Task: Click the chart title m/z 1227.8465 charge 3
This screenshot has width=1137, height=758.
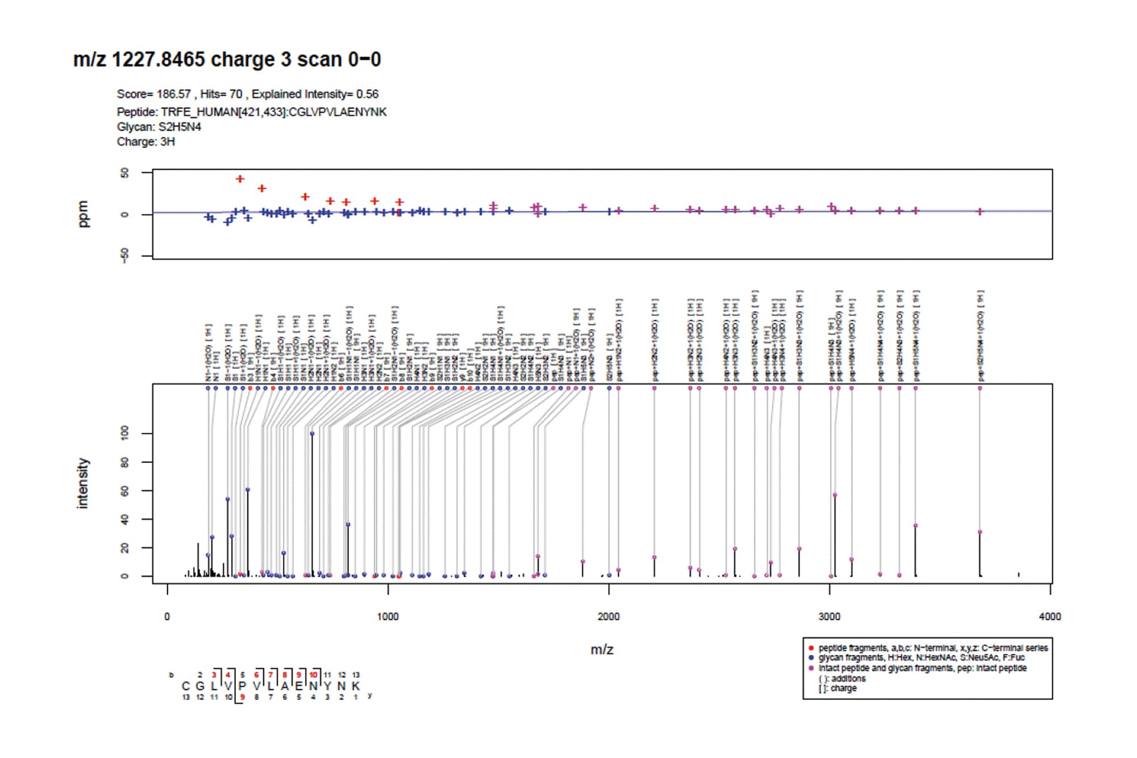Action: pyautogui.click(x=227, y=59)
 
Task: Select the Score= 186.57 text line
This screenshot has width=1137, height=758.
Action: pyautogui.click(x=247, y=94)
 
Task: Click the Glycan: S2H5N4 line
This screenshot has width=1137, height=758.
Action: pyautogui.click(x=159, y=127)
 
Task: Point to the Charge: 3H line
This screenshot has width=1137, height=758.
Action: pyautogui.click(x=146, y=142)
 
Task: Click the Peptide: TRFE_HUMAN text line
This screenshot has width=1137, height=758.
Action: pyautogui.click(x=251, y=112)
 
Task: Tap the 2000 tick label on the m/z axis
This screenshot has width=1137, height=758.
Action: pyautogui.click(x=608, y=617)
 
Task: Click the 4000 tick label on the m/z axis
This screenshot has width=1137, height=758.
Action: pyautogui.click(x=1049, y=617)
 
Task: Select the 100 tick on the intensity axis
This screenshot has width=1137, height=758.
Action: pyautogui.click(x=125, y=434)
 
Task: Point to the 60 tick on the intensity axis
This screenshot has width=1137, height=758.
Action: pyautogui.click(x=125, y=491)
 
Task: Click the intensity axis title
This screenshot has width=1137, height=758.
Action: pyautogui.click(x=83, y=483)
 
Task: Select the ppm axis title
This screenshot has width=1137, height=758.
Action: pyautogui.click(x=83, y=214)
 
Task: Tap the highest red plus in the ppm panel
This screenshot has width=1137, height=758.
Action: pyautogui.click(x=240, y=179)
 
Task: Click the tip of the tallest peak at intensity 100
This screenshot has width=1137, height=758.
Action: pyautogui.click(x=312, y=434)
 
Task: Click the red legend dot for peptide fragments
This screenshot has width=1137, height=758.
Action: pyautogui.click(x=811, y=648)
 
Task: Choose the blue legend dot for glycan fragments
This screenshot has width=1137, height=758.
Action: pyautogui.click(x=811, y=658)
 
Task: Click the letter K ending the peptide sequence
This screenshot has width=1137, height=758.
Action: pyautogui.click(x=356, y=686)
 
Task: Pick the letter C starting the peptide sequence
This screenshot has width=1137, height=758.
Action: pyautogui.click(x=186, y=686)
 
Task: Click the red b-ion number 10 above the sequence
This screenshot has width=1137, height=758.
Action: pyautogui.click(x=313, y=675)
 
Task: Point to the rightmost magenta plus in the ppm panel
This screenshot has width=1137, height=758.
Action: pyautogui.click(x=980, y=212)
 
